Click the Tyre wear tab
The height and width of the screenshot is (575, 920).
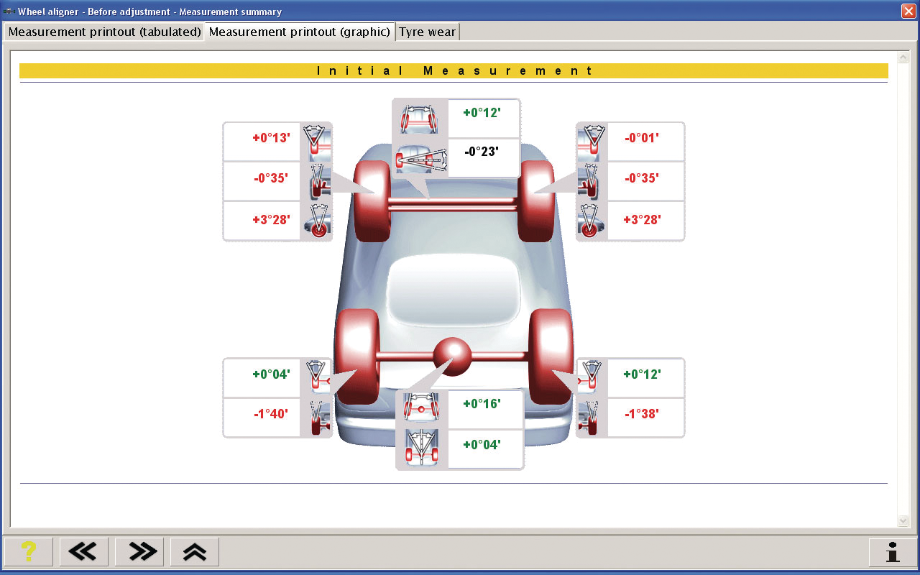click(x=427, y=32)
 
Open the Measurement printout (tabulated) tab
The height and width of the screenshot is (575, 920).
click(x=104, y=32)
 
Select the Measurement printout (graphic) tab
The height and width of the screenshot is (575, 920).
click(x=300, y=32)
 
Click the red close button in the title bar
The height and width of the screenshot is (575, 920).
click(x=908, y=11)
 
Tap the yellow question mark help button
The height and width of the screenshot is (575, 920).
click(x=28, y=551)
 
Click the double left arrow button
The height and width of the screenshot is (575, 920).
click(x=84, y=551)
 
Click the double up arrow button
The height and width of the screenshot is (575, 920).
click(x=194, y=551)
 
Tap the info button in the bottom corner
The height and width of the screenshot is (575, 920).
click(x=893, y=551)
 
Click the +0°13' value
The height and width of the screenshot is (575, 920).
click(x=271, y=138)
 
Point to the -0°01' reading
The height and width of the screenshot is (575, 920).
click(x=642, y=138)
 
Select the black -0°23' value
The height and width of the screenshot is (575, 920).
click(x=482, y=152)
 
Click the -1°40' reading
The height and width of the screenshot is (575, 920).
click(x=271, y=413)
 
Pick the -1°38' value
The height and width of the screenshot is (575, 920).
click(x=642, y=413)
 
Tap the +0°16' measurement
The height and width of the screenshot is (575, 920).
click(x=482, y=404)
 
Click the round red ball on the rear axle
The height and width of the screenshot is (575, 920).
click(x=453, y=356)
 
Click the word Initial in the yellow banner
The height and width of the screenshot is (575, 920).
click(x=360, y=70)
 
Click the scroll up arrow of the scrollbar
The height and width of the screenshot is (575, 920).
click(x=903, y=57)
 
